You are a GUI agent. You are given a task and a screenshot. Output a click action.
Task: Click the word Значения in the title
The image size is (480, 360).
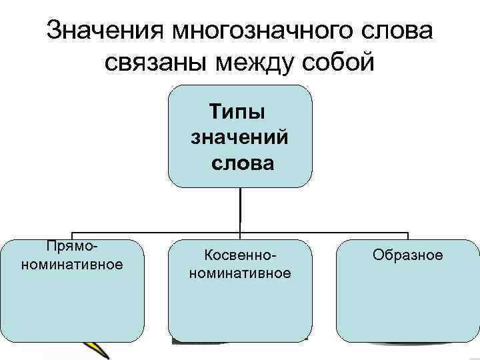(x=105, y=31)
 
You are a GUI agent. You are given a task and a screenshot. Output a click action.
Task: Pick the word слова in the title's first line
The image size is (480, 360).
(x=395, y=31)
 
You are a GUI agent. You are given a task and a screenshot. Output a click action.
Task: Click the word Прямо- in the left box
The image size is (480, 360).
(x=72, y=247)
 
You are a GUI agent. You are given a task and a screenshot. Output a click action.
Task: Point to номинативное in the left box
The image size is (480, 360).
(x=72, y=264)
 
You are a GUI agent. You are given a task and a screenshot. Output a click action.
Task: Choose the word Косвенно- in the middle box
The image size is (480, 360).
(x=240, y=256)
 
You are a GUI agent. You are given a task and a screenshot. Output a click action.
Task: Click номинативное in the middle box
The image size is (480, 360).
(x=240, y=273)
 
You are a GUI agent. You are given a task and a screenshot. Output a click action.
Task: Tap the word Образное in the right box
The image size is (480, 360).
(x=408, y=255)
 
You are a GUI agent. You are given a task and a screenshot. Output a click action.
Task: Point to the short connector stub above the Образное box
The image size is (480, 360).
(x=408, y=235)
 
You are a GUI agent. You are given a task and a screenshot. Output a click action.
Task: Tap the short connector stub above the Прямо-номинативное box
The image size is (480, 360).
(x=72, y=235)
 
